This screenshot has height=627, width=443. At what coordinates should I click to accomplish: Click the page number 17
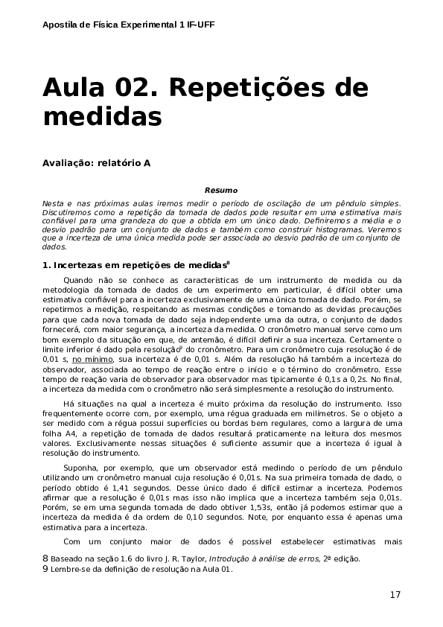tap(395, 594)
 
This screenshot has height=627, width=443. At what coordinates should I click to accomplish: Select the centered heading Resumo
tap(221, 191)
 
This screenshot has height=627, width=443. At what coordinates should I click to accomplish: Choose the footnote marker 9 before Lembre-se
tap(45, 570)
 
